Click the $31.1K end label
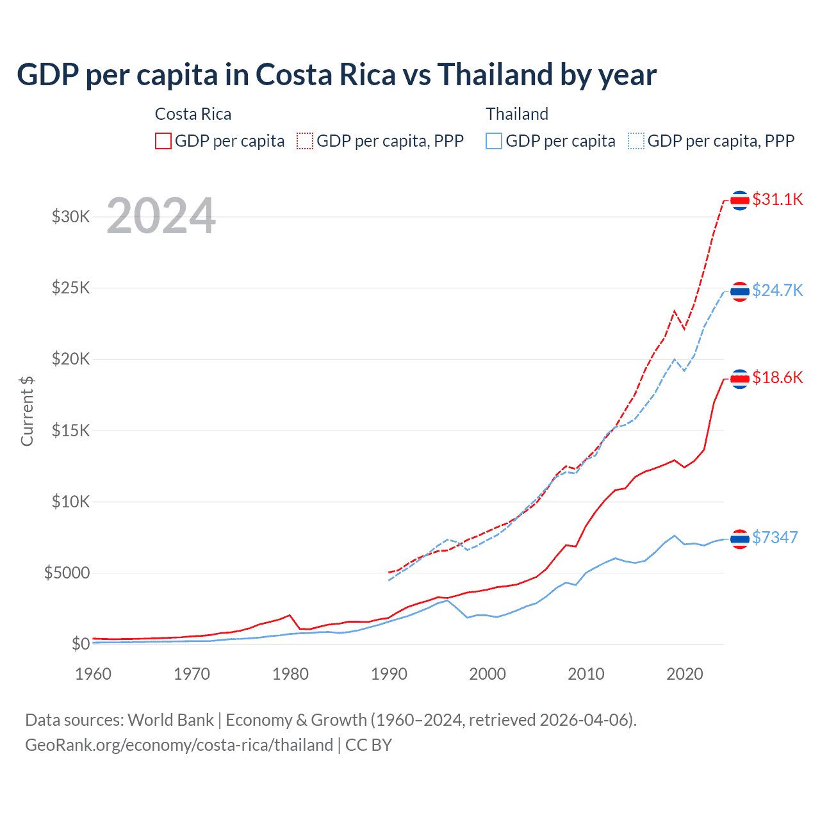(777, 199)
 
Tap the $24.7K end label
(777, 290)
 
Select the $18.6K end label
(777, 377)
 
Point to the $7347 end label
(775, 537)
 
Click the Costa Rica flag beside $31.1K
(740, 201)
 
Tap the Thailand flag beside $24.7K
(740, 291)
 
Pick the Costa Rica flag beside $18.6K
(740, 379)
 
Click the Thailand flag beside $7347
(740, 539)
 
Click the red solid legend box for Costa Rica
(163, 141)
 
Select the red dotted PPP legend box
(305, 141)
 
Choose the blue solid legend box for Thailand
(494, 141)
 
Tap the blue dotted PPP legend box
(636, 141)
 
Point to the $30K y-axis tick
(71, 217)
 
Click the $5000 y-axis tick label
(67, 573)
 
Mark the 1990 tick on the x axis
(389, 674)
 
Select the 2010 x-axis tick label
(586, 674)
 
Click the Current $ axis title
(27, 411)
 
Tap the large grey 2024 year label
(161, 216)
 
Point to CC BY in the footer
(368, 745)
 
